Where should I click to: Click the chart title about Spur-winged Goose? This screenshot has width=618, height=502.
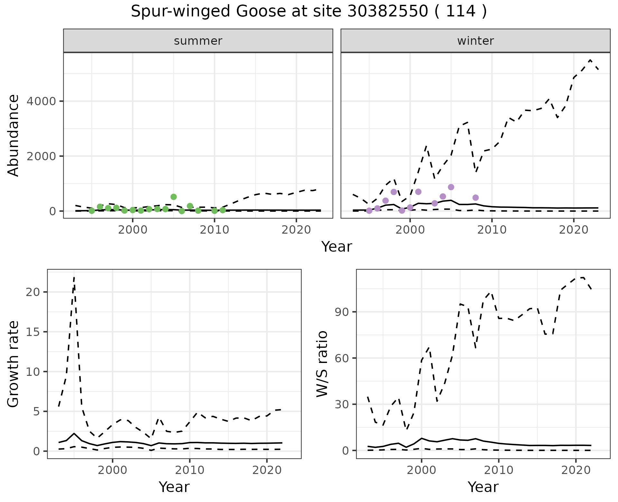pyautogui.click(x=309, y=12)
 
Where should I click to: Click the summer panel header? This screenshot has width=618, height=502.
pyautogui.click(x=198, y=41)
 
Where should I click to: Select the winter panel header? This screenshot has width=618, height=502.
pyautogui.click(x=475, y=41)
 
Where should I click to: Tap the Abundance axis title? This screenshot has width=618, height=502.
pyautogui.click(x=14, y=135)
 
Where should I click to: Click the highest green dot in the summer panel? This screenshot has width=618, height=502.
pyautogui.click(x=173, y=197)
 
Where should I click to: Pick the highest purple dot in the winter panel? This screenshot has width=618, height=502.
pyautogui.click(x=451, y=187)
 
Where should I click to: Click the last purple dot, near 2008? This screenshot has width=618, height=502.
pyautogui.click(x=475, y=198)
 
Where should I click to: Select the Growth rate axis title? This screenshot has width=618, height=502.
pyautogui.click(x=14, y=364)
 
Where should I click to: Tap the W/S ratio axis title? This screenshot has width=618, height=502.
pyautogui.click(x=322, y=364)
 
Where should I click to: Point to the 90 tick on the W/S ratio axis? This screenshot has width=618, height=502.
pyautogui.click(x=343, y=312)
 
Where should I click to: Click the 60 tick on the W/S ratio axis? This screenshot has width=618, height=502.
pyautogui.click(x=343, y=358)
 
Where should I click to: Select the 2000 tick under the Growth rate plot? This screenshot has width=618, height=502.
pyautogui.click(x=112, y=470)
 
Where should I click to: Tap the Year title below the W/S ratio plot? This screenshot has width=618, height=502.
pyautogui.click(x=483, y=487)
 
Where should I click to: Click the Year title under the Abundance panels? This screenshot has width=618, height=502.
pyautogui.click(x=336, y=247)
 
